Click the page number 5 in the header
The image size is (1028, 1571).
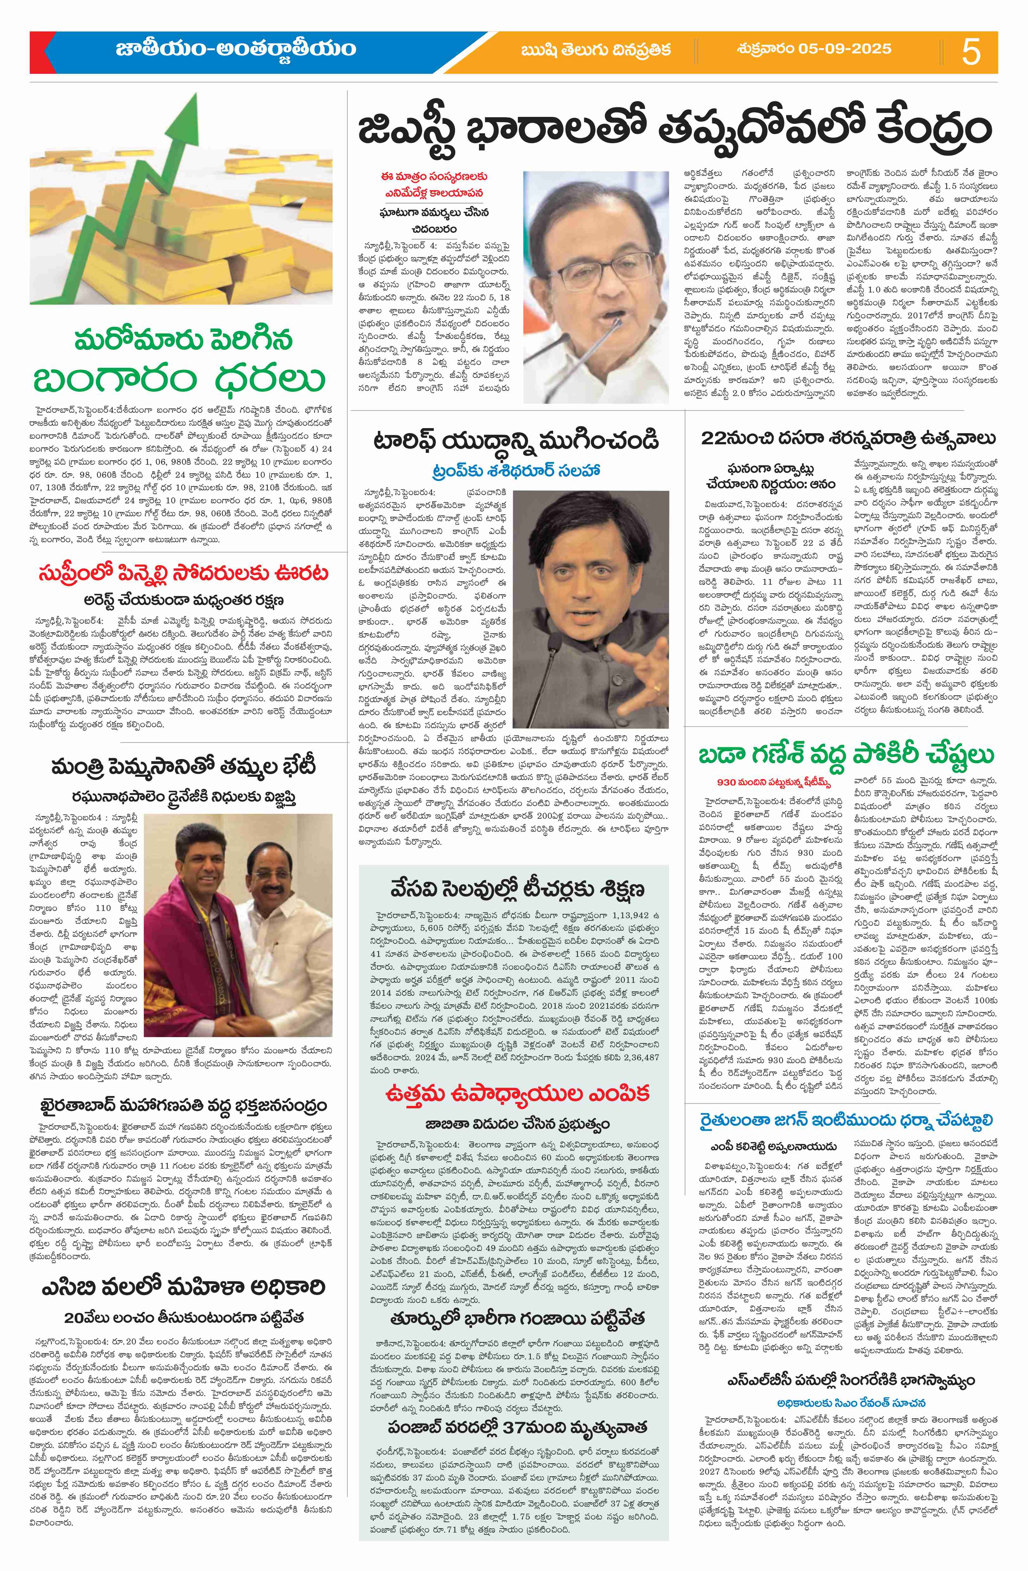(x=971, y=52)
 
